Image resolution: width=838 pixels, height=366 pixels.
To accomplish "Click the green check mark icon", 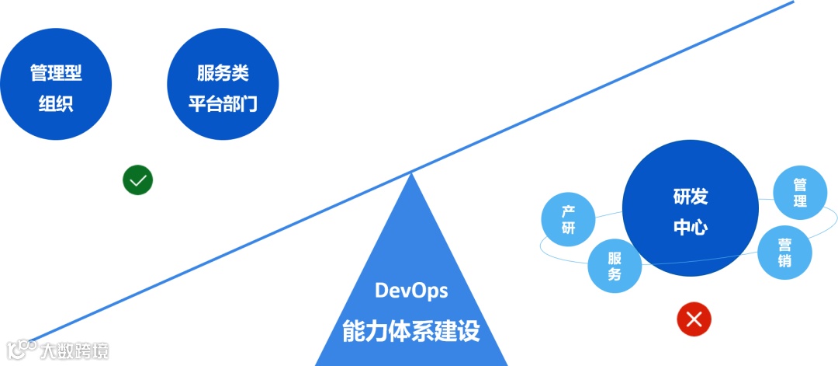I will [138, 180].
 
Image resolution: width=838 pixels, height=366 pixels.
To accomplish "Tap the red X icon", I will [694, 319].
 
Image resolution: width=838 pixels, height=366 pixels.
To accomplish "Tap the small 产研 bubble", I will [569, 220].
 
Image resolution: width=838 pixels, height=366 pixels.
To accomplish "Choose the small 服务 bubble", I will [615, 267].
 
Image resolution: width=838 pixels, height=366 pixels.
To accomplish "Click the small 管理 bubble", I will [800, 193].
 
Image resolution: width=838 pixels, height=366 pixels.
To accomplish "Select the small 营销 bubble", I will [784, 252].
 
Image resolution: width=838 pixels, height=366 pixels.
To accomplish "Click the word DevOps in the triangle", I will [411, 291].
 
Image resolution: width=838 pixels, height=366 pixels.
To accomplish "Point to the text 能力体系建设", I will [411, 331].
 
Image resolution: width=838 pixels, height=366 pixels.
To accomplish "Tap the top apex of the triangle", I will [411, 173].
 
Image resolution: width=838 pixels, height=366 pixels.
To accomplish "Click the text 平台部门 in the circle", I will [223, 103].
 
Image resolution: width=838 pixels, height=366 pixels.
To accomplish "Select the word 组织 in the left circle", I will [56, 103].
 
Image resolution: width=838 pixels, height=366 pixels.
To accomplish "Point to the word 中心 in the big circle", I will [690, 228].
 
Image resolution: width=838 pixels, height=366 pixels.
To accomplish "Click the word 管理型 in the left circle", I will [56, 74].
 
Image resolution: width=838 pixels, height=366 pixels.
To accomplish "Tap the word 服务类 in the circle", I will [223, 74].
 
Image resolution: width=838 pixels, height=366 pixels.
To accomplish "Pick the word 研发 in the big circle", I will [690, 197].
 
